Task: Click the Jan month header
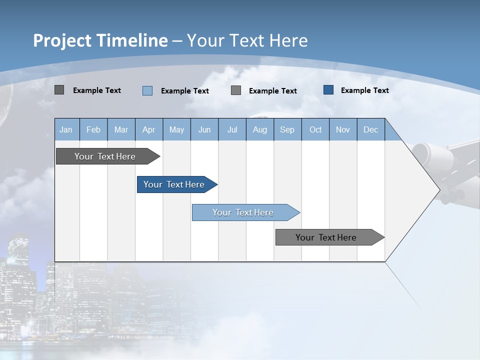click(66, 129)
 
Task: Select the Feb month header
click(93, 129)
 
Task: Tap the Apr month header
click(149, 129)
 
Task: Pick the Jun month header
click(204, 129)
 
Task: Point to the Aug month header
click(259, 129)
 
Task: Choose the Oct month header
click(315, 129)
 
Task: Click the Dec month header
click(370, 129)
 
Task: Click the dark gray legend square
click(59, 90)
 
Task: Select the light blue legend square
click(147, 90)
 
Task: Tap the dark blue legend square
click(328, 90)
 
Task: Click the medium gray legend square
click(236, 90)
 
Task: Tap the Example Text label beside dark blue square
click(364, 90)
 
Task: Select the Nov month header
click(343, 129)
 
